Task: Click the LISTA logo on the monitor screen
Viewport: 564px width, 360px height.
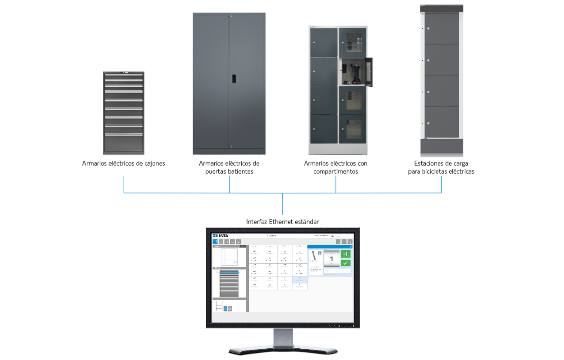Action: click(x=221, y=235)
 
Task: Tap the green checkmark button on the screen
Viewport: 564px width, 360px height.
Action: click(x=346, y=263)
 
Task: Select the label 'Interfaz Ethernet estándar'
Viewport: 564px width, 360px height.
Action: click(x=282, y=221)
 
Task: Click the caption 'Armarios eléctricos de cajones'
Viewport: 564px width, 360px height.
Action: click(x=123, y=163)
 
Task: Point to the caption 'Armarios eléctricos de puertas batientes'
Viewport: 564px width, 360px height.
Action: click(x=229, y=167)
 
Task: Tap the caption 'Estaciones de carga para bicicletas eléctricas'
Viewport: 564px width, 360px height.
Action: click(x=441, y=167)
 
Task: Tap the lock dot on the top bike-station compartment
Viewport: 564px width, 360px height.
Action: click(x=428, y=29)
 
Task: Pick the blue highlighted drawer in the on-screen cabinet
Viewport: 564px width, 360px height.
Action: click(x=229, y=273)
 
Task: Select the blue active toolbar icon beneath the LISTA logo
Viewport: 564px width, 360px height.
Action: click(x=215, y=242)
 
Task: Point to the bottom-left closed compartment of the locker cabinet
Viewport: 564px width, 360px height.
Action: click(x=324, y=129)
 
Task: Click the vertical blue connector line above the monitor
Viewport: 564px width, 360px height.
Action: click(x=282, y=204)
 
